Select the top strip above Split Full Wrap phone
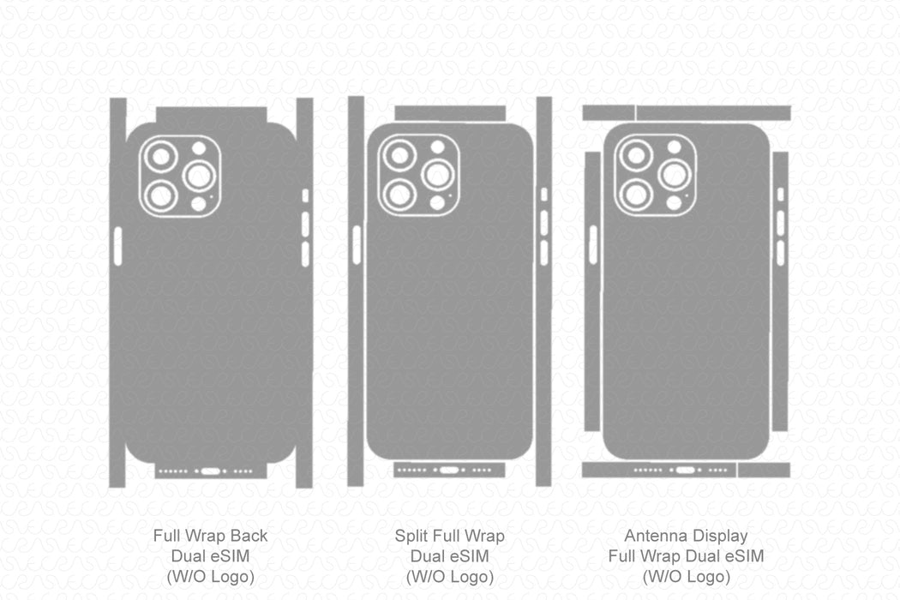(x=450, y=113)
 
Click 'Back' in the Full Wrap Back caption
(x=249, y=537)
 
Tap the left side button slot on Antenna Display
(x=592, y=244)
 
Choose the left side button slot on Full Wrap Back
(x=118, y=246)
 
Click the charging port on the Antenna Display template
(x=684, y=470)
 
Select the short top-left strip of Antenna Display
(x=608, y=113)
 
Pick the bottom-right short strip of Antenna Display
(x=764, y=470)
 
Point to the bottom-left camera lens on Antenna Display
(x=635, y=193)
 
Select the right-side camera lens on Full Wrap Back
(x=200, y=176)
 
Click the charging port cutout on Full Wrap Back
(x=211, y=471)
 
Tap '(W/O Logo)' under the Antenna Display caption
(x=686, y=576)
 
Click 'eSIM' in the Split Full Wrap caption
(x=470, y=556)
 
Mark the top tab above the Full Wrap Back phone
(x=211, y=116)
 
